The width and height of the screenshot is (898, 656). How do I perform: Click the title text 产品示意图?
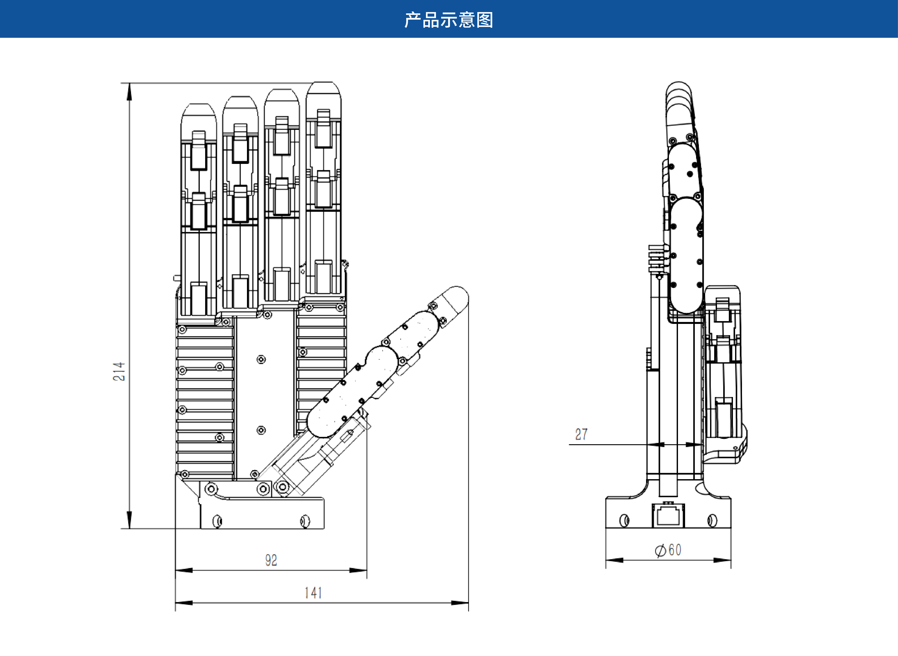point(449,20)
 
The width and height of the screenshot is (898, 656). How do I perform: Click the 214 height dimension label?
point(119,371)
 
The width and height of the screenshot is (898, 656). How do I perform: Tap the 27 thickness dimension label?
point(581,434)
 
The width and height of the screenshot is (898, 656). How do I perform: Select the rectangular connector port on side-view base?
point(668,515)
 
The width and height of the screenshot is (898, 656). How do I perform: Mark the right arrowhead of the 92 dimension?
point(358,570)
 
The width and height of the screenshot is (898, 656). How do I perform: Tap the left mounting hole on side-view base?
point(624,520)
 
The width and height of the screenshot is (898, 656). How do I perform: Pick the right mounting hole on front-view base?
point(305,521)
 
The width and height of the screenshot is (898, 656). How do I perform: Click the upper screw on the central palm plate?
point(261,359)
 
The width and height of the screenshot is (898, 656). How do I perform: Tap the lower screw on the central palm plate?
point(261,430)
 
